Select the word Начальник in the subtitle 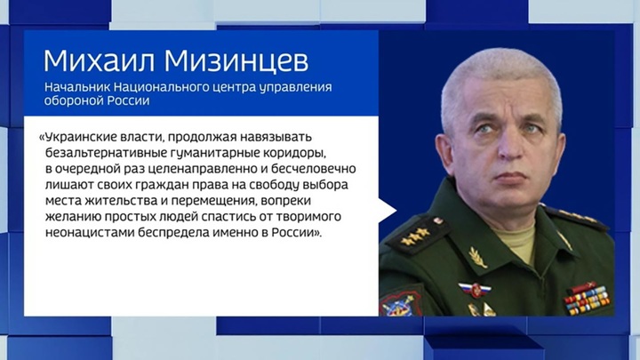76,87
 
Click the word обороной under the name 74,100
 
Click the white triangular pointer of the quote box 388,211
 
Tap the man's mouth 511,176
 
